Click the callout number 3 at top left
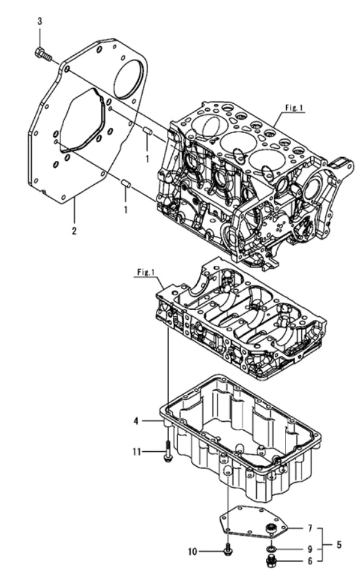point(40,22)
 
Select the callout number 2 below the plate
point(74,230)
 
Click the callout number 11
point(137,450)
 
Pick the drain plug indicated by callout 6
point(271,562)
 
